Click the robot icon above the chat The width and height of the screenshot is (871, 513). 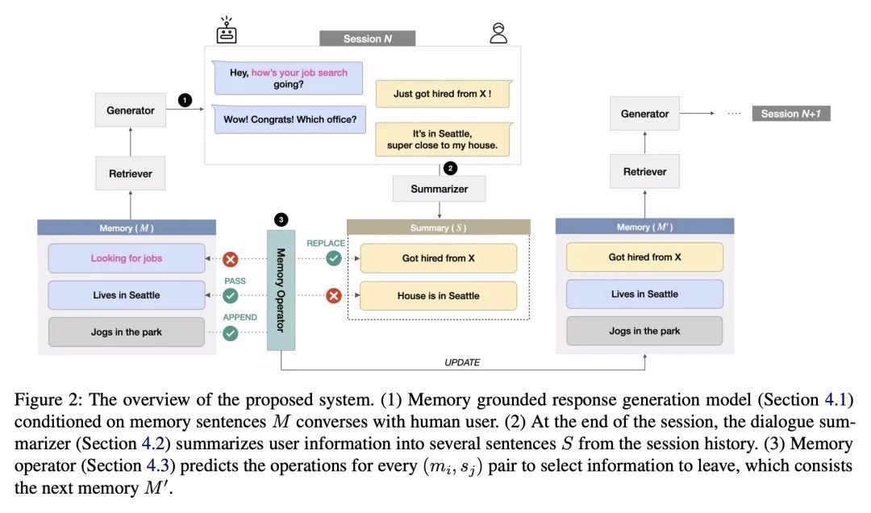click(x=226, y=30)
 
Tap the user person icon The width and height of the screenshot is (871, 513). click(x=498, y=33)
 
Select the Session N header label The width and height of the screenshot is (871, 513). click(x=367, y=39)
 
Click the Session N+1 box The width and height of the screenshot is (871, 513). click(x=791, y=114)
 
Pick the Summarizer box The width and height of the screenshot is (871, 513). click(x=439, y=189)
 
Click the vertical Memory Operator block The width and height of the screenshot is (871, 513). click(x=281, y=290)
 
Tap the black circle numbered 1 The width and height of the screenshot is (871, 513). click(x=185, y=100)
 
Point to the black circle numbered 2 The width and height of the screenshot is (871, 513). click(x=451, y=168)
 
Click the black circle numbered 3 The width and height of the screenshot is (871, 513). click(x=281, y=219)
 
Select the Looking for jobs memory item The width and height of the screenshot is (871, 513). click(x=127, y=258)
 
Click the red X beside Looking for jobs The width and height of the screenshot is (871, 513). click(x=231, y=258)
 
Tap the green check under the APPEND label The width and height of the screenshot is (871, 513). click(x=231, y=333)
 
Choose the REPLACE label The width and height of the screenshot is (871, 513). click(x=326, y=243)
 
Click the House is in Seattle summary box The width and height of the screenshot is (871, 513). click(x=438, y=296)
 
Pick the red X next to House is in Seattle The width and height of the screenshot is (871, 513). click(x=334, y=296)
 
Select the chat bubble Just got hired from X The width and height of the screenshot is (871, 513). click(x=443, y=94)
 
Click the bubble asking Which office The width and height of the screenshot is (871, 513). click(x=290, y=119)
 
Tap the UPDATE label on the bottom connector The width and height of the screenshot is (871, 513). click(x=462, y=362)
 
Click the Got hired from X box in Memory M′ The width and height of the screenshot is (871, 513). click(x=645, y=256)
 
